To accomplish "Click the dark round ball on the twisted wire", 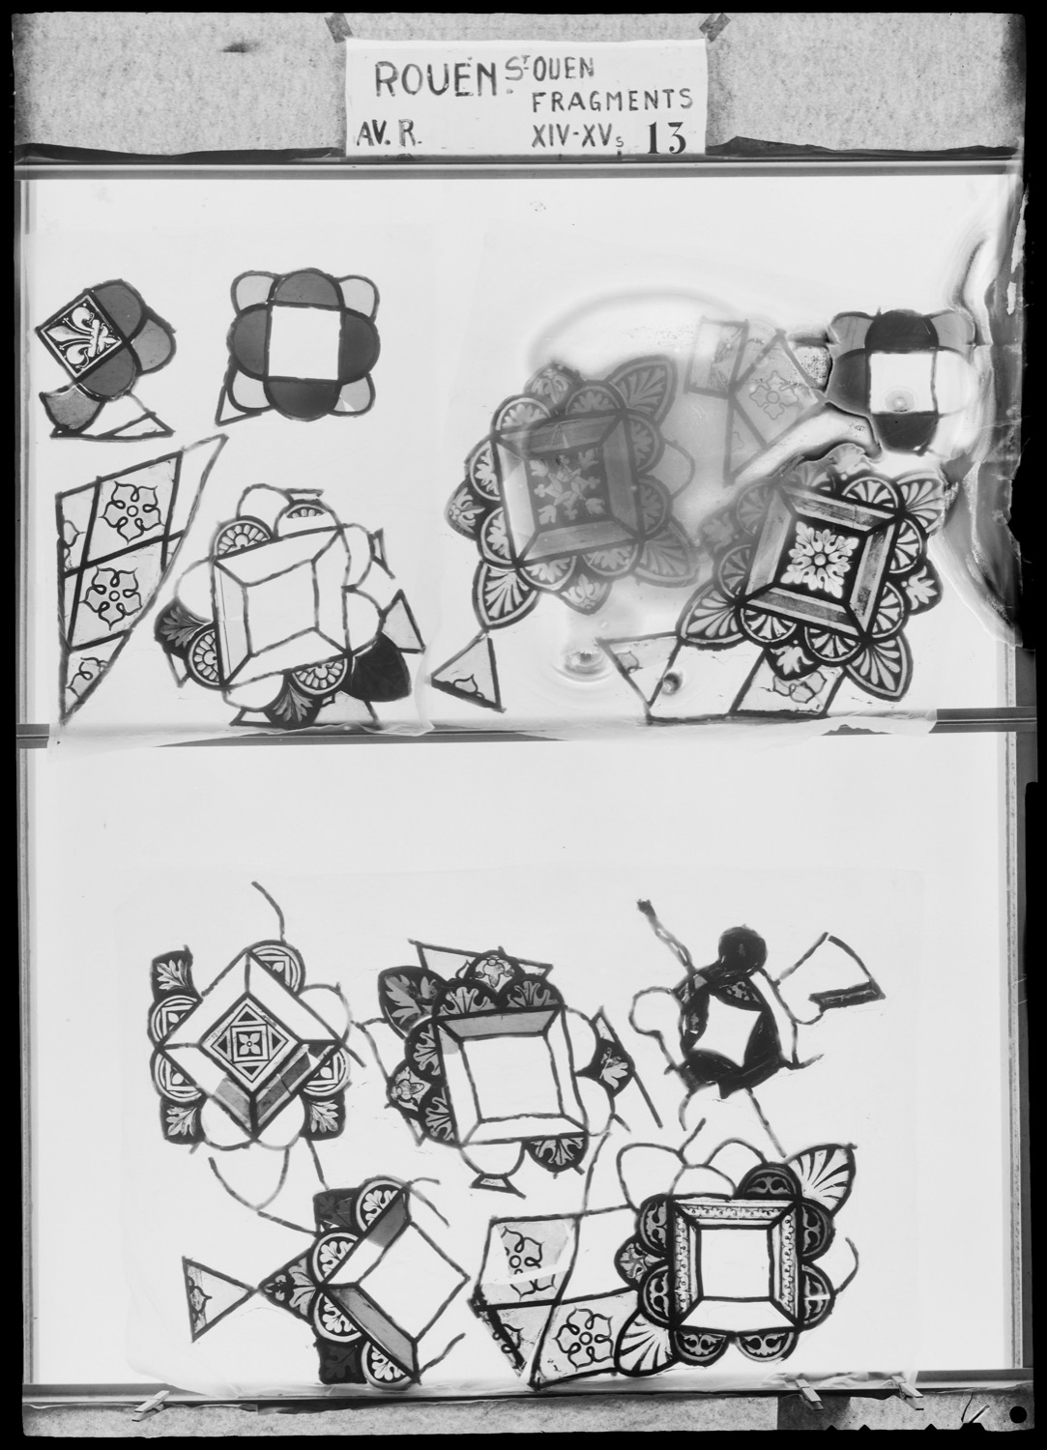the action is [x=742, y=951].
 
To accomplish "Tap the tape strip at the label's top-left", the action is [x=336, y=23].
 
